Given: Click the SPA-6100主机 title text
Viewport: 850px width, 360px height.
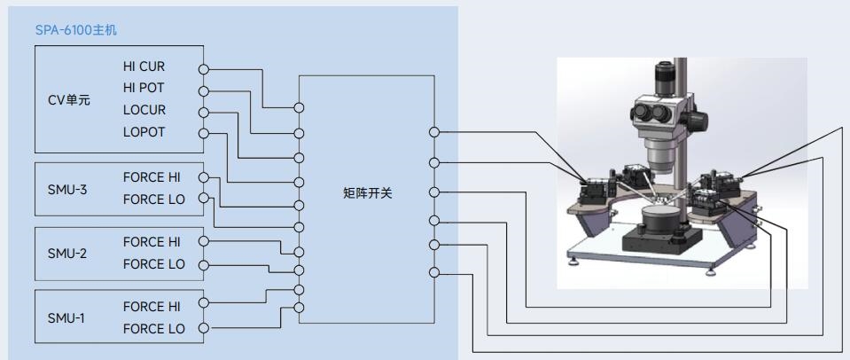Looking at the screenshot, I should tap(74, 30).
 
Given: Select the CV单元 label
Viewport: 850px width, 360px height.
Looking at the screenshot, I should tap(68, 99).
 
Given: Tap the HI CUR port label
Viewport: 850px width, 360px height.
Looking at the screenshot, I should tap(144, 67).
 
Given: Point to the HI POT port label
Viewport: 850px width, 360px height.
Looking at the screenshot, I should tap(144, 89).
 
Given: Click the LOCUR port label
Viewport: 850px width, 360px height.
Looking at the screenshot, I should tap(144, 111).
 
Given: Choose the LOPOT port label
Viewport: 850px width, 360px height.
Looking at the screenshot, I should tap(144, 132).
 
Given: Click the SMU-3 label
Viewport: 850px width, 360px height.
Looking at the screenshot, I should tap(67, 188).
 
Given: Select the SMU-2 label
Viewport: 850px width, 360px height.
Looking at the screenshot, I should tap(67, 253).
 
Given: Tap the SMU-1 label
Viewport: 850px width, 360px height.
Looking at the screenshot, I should tap(67, 317).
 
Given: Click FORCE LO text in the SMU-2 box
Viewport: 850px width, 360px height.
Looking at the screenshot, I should tap(154, 263).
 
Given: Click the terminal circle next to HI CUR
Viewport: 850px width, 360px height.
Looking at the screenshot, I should tap(203, 68).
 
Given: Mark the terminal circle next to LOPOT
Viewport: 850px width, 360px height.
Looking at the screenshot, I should tap(203, 134).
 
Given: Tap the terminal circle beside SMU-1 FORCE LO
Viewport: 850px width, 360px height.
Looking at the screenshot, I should tap(203, 329).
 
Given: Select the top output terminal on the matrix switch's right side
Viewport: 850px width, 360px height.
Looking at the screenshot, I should tap(433, 132).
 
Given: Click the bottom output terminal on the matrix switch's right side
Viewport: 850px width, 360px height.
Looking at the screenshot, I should tap(433, 272).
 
